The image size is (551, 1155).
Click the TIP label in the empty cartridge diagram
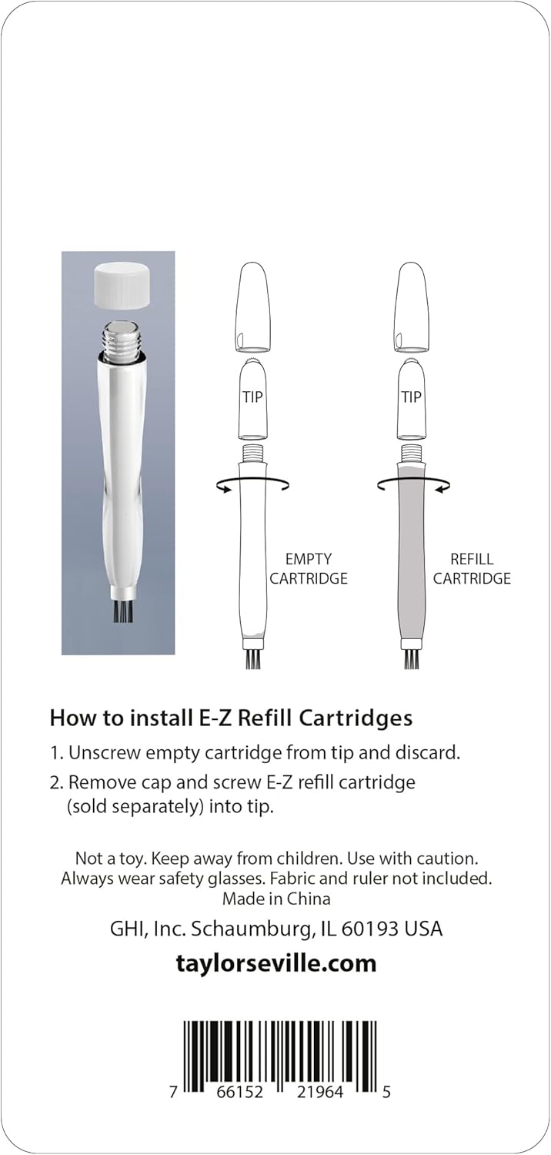pyautogui.click(x=252, y=397)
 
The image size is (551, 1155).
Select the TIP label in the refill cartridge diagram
pyautogui.click(x=411, y=397)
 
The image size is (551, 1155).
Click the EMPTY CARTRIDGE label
pyautogui.click(x=309, y=569)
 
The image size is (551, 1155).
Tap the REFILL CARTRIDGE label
pyautogui.click(x=472, y=569)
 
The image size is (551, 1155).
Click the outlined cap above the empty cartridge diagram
pyautogui.click(x=252, y=308)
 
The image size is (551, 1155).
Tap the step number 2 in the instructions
pyautogui.click(x=55, y=783)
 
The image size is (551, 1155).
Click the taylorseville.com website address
pyautogui.click(x=276, y=963)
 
